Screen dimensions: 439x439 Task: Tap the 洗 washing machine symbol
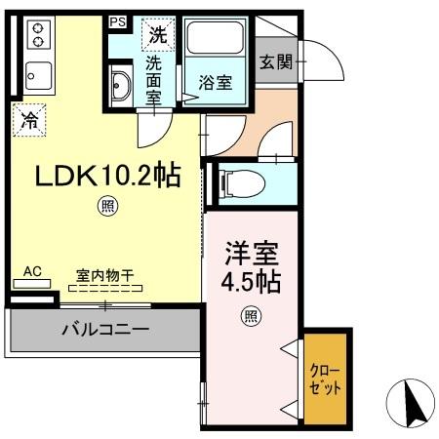tap(156, 35)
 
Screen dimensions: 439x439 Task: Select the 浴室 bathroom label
tap(215, 82)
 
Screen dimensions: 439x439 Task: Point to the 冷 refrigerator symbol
tap(29, 122)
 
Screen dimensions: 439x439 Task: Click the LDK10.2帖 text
tap(107, 176)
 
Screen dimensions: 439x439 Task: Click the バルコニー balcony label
tap(105, 330)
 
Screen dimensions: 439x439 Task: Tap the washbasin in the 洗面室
tap(120, 87)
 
